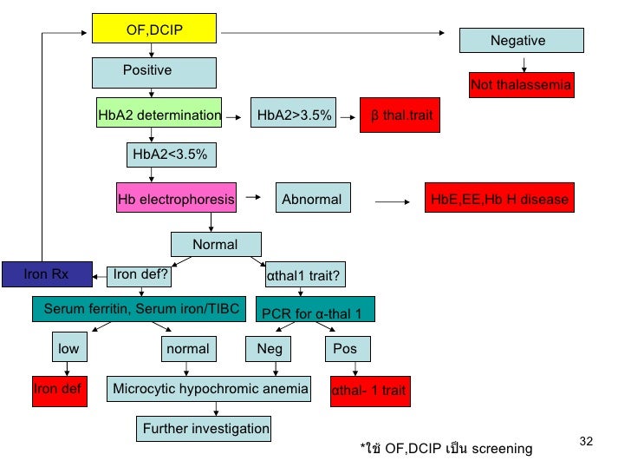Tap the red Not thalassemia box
coord(521,85)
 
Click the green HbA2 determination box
coord(159,115)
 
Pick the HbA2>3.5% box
coord(294,115)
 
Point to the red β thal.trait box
coord(400,115)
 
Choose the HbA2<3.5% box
coord(170,155)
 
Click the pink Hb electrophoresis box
coord(176,200)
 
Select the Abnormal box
coord(312,200)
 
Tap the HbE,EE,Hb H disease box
coord(499,200)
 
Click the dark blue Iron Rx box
coord(47,275)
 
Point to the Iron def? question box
coord(141,275)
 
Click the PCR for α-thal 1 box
coord(311,312)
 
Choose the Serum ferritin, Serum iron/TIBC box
coord(140,308)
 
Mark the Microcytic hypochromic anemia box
coord(211,390)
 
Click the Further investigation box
coord(205,428)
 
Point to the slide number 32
coord(585,443)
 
